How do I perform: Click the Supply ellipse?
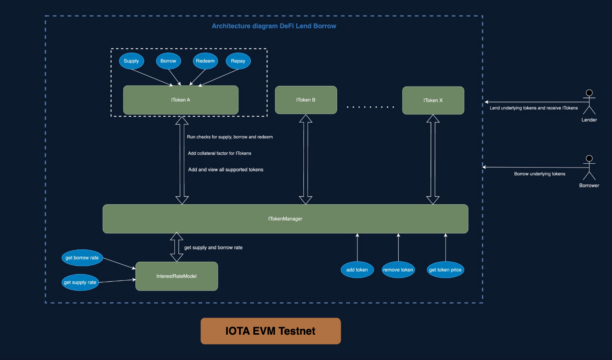131,61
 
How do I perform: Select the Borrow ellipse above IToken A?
168,61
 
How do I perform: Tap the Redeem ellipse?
205,61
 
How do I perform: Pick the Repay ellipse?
238,61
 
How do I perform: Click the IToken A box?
181,100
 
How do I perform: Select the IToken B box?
306,100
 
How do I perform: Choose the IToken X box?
433,100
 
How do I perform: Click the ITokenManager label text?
285,219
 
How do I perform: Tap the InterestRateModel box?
177,276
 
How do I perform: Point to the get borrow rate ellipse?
82,258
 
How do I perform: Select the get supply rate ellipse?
80,282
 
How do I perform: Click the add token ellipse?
357,270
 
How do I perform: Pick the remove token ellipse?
398,270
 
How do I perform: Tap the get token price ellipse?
445,270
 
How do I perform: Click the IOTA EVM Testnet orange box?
270,331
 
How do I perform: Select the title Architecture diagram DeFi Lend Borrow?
274,26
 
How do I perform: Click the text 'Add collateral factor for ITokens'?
219,153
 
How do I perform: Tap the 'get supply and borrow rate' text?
213,248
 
